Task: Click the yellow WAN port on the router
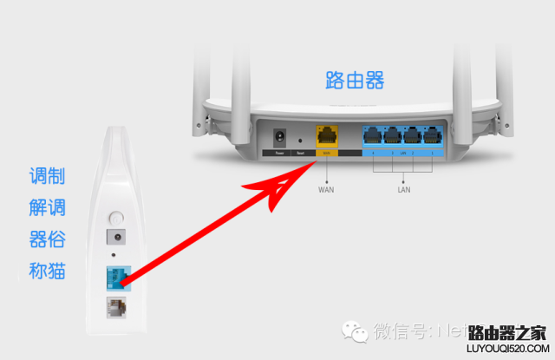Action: pyautogui.click(x=327, y=137)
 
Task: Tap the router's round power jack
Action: pyautogui.click(x=280, y=138)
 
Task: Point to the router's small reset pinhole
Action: pyautogui.click(x=299, y=139)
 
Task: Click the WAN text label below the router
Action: pyautogui.click(x=327, y=188)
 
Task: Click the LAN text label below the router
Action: pyautogui.click(x=403, y=188)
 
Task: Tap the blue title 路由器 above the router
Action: pyautogui.click(x=355, y=82)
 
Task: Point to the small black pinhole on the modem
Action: pyautogui.click(x=114, y=257)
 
